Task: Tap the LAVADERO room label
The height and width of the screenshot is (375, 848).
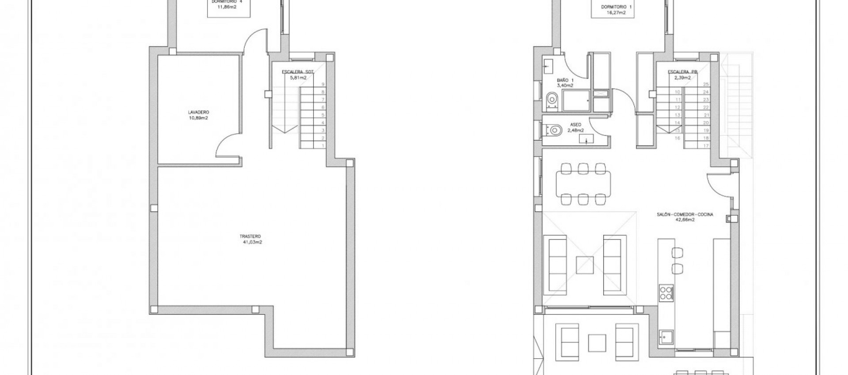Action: (198, 112)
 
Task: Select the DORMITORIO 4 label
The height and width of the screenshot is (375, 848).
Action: (227, 1)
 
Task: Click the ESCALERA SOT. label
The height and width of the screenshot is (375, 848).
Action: (298, 71)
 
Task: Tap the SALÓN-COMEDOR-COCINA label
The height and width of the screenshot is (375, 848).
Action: (685, 215)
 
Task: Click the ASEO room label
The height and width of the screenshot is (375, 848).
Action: (575, 125)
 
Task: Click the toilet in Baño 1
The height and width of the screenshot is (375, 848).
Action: (551, 101)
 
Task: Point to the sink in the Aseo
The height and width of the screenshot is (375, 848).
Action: (586, 140)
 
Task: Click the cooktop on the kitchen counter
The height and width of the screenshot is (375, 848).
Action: (666, 293)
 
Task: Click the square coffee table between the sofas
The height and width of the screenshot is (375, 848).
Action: (585, 265)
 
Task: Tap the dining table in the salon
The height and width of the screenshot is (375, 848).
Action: (582, 184)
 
